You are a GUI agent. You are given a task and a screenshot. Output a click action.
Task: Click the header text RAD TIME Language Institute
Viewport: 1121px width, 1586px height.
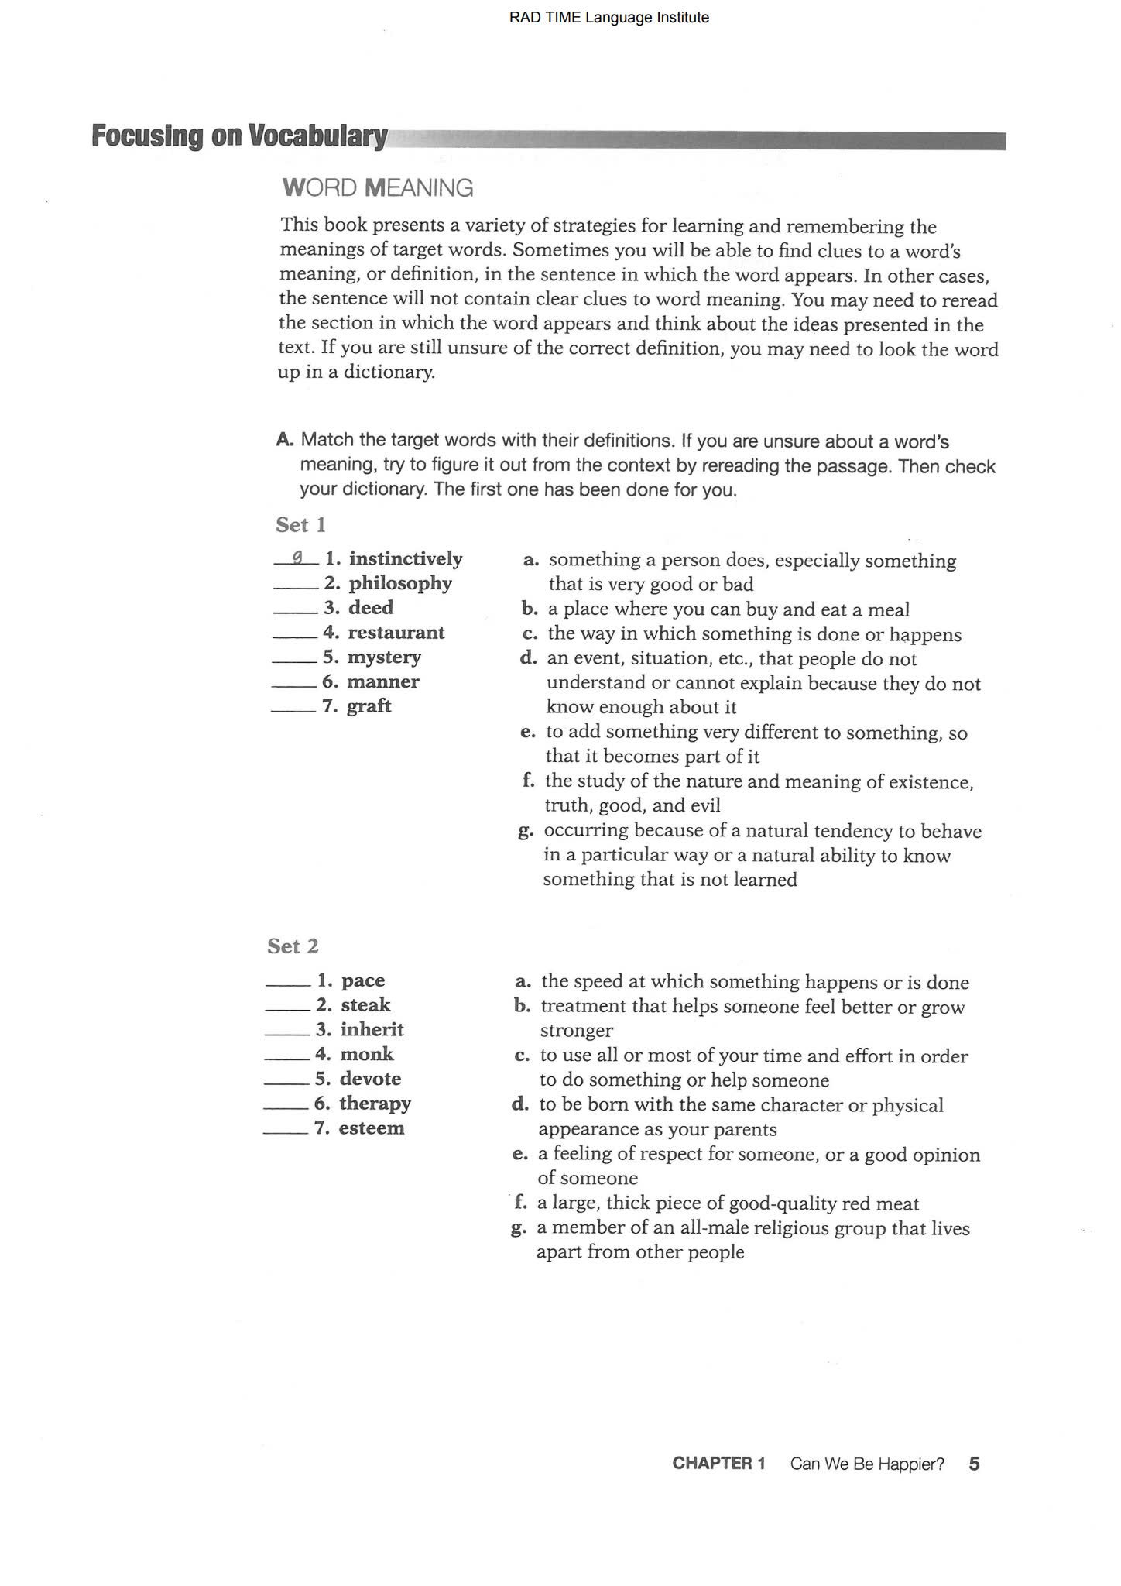tap(608, 18)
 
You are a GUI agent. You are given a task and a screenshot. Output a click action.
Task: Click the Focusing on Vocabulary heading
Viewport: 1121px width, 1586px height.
tap(239, 136)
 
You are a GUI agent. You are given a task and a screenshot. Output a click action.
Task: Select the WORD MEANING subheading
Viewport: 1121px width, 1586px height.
tap(378, 188)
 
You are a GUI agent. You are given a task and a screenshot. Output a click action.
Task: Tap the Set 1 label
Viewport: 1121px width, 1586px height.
tap(300, 525)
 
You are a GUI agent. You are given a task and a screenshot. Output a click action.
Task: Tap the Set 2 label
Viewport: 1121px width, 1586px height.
tap(293, 946)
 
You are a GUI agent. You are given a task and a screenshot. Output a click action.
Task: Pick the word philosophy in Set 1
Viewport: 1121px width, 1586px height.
tap(399, 583)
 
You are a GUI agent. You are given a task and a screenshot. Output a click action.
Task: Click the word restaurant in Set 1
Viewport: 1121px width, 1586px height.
tap(396, 633)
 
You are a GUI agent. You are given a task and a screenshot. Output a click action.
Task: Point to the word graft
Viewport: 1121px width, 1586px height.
tap(369, 706)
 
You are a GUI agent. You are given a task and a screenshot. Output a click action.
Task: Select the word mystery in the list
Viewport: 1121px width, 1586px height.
tap(384, 657)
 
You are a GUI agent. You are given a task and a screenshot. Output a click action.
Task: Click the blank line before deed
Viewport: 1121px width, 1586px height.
tap(295, 613)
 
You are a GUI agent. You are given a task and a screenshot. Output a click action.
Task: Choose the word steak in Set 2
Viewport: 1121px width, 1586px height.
tap(365, 1005)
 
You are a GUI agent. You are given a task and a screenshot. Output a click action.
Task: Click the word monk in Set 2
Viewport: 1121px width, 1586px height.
tap(367, 1055)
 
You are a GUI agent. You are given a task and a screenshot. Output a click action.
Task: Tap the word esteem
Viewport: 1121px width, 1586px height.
tap(371, 1128)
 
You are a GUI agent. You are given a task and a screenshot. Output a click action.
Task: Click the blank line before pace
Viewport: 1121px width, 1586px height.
tap(288, 985)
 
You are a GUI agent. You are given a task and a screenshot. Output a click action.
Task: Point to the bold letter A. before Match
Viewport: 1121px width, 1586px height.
tap(285, 440)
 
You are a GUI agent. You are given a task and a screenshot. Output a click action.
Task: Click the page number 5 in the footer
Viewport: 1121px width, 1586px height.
tap(974, 1464)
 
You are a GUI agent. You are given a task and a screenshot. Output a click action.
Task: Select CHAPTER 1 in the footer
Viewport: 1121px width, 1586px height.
tap(718, 1464)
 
